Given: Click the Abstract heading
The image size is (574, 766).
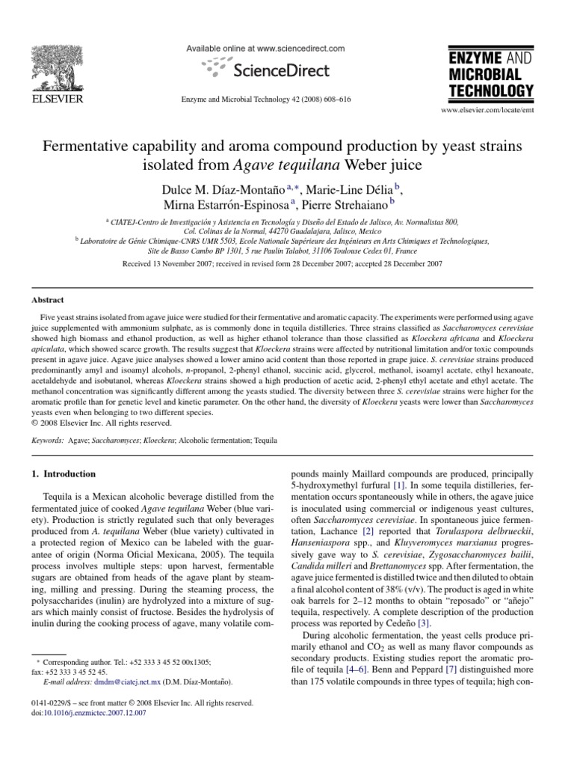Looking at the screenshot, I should click(47, 299).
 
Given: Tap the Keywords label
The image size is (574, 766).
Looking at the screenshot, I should click(47, 442).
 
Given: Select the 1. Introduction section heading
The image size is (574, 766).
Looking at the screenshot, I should click(64, 474).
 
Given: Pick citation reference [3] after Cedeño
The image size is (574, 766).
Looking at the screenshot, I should click(423, 601).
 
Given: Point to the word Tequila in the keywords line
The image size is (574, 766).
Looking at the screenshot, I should click(265, 442).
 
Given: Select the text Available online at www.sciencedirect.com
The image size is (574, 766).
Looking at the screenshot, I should click(265, 49).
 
